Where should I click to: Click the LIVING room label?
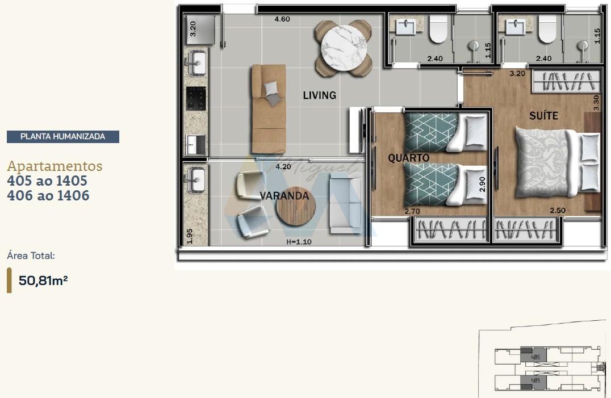point(319,95)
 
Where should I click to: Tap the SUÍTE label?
point(543,116)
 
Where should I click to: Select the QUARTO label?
point(408,158)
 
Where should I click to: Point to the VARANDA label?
point(284,196)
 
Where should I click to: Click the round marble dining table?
point(343,48)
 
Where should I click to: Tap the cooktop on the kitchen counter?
point(196,98)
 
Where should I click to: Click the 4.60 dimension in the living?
point(282,19)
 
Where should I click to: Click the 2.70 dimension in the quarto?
point(412,211)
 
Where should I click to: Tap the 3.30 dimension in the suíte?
point(596,102)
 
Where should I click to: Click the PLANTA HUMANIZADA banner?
point(62,136)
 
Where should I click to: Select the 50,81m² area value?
point(43,280)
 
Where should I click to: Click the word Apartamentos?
point(55,166)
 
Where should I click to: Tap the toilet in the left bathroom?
point(438,29)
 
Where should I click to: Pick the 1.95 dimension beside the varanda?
point(190,236)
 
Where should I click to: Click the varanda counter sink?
point(195,181)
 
